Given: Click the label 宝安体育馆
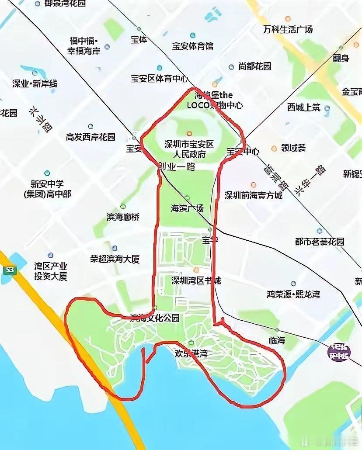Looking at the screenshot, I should (192, 46).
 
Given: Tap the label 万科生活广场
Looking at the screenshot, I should (288, 30).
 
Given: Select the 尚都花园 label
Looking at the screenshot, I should (255, 66).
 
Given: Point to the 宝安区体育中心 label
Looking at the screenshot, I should (159, 79).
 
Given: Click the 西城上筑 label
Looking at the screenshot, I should (304, 107).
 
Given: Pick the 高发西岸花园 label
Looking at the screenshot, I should (90, 137).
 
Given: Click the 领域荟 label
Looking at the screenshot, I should (293, 148).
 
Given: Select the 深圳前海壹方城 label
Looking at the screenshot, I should (254, 195).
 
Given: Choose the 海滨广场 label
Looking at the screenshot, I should (187, 208).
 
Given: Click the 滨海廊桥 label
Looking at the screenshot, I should (123, 217).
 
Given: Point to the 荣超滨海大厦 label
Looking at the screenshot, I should (115, 259).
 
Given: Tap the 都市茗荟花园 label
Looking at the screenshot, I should (320, 242).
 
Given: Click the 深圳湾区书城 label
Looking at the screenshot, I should (196, 280).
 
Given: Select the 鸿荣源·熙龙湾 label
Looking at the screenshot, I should (293, 294).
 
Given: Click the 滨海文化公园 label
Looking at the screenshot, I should (155, 318).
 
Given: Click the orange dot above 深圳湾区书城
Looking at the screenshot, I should (196, 270).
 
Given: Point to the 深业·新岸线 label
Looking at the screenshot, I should (35, 83).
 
